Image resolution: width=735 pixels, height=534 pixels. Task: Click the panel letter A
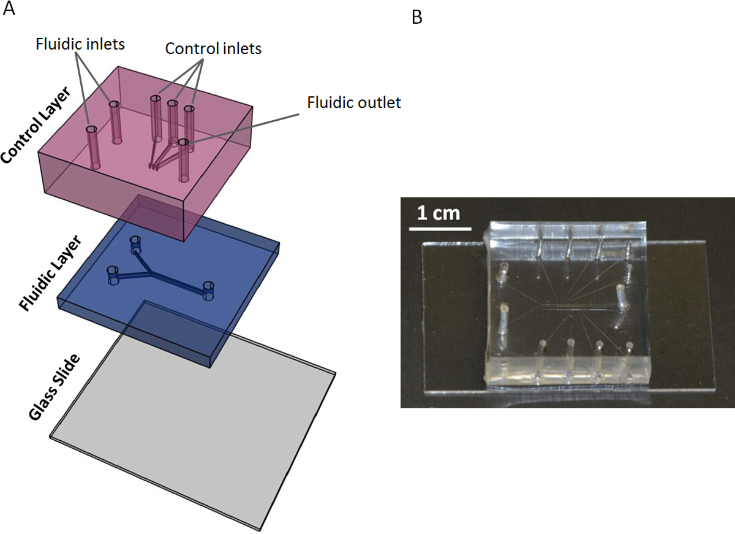[x=9, y=8]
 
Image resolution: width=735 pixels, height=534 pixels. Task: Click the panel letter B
[x=417, y=17]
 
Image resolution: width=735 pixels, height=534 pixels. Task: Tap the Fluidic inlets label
[x=80, y=44]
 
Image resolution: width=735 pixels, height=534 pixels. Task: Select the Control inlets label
[x=213, y=48]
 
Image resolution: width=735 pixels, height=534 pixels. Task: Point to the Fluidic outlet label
[x=354, y=102]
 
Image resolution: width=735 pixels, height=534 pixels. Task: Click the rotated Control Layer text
[x=36, y=126]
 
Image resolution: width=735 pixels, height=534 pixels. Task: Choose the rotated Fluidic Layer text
[x=50, y=273]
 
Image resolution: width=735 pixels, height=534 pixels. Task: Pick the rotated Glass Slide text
[x=54, y=387]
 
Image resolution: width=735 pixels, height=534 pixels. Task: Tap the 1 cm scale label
[x=439, y=213]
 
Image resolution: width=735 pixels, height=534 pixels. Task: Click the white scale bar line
[x=440, y=228]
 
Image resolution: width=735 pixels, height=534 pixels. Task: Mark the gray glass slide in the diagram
[x=193, y=416]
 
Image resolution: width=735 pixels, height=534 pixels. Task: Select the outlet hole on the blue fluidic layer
[x=208, y=291]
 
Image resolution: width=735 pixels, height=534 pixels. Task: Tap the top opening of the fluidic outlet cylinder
[x=183, y=142]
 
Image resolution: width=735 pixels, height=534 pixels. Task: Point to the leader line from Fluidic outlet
[x=243, y=128]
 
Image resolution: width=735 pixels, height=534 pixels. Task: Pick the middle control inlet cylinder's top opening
[x=172, y=104]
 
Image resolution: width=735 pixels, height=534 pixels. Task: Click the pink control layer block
[x=146, y=154]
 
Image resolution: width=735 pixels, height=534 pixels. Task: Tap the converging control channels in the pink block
[x=164, y=154]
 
